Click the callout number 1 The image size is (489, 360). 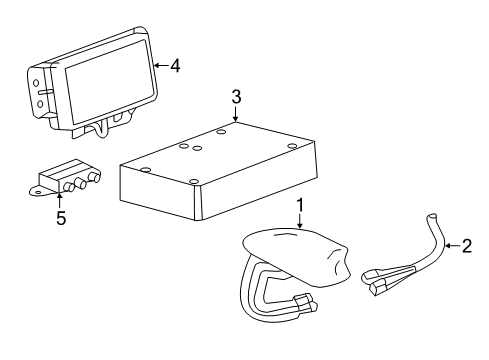pyautogui.click(x=299, y=207)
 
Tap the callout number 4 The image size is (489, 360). pyautogui.click(x=175, y=66)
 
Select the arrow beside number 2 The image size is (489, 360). pyautogui.click(x=449, y=245)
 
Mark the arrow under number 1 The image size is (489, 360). pyautogui.click(x=299, y=225)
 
